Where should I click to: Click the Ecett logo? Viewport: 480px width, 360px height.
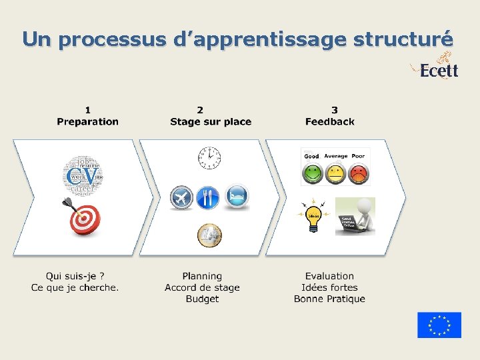click(x=437, y=69)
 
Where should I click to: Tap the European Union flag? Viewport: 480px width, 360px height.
click(x=439, y=325)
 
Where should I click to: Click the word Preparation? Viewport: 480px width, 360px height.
click(x=87, y=121)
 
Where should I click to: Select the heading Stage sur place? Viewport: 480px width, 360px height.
click(x=211, y=121)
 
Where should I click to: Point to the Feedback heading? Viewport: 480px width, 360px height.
click(x=330, y=121)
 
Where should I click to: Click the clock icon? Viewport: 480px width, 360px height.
click(x=209, y=157)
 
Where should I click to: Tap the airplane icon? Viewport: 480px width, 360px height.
click(x=181, y=197)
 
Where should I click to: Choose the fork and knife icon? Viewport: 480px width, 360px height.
click(x=208, y=197)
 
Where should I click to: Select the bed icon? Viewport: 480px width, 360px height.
click(x=236, y=197)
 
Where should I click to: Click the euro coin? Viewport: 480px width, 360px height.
click(x=209, y=235)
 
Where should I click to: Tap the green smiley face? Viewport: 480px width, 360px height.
click(x=311, y=174)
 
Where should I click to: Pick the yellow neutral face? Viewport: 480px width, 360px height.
click(x=335, y=174)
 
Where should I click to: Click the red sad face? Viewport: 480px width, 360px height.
click(x=359, y=174)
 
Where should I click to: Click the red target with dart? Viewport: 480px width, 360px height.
click(x=83, y=217)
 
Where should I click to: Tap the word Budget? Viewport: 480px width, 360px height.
click(x=202, y=299)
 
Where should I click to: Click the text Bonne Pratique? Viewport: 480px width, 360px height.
click(x=329, y=299)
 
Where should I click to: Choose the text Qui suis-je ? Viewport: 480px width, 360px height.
click(x=75, y=276)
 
